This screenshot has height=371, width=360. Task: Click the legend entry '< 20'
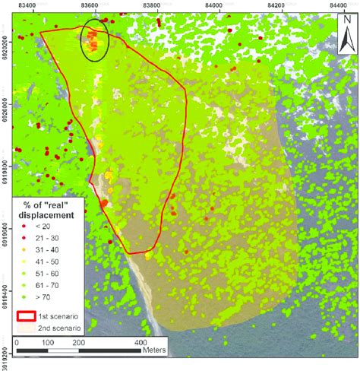pos(42,227)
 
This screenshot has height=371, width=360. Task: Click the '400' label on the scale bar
pos(141,344)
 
